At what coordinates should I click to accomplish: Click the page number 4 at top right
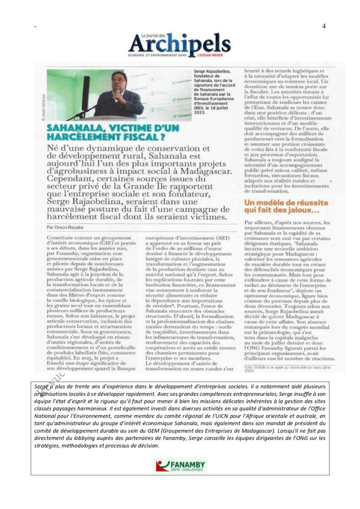pos(324,26)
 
